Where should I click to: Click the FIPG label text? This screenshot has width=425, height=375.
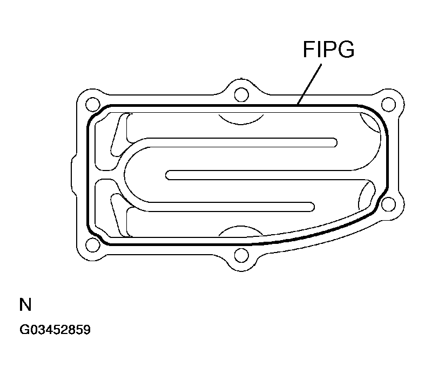[x=328, y=49]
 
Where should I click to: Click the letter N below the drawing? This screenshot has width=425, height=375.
[x=25, y=304]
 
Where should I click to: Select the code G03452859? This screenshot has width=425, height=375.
[x=55, y=330]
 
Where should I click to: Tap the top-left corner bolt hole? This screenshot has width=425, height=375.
[x=93, y=104]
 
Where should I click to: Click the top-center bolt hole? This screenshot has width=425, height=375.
[x=241, y=94]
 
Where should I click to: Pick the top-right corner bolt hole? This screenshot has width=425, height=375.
[x=388, y=104]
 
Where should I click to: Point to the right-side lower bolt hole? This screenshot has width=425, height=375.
[x=388, y=204]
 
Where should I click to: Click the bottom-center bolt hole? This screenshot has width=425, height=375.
[x=241, y=255]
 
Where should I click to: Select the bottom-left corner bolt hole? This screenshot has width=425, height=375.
[x=93, y=245]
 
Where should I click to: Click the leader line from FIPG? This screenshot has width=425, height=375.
[x=309, y=84]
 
